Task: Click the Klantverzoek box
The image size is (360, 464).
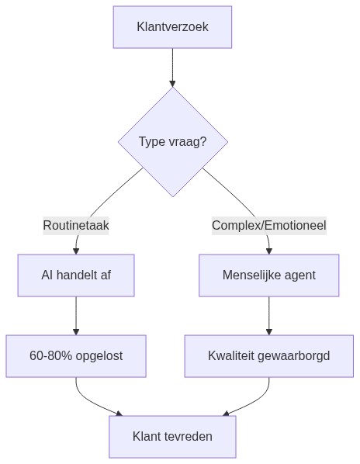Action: [172, 27]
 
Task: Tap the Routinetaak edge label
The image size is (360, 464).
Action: [76, 226]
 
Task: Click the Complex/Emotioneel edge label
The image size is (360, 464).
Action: [268, 226]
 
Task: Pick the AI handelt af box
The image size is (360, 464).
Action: [76, 275]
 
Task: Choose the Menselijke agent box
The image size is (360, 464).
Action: [268, 275]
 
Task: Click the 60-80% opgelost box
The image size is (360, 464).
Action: [76, 356]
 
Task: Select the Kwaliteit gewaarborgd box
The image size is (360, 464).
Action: [268, 356]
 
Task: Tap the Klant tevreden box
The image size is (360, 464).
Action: [172, 437]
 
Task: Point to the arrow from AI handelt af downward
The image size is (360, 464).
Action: [76, 315]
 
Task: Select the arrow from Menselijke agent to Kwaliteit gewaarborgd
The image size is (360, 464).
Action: [268, 315]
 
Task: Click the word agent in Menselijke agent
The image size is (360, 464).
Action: [299, 275]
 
